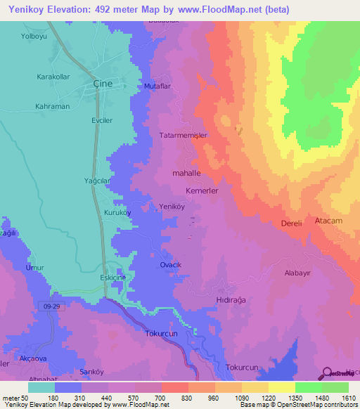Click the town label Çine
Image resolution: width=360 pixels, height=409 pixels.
[x=103, y=82]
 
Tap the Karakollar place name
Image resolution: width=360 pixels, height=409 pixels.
[x=53, y=76]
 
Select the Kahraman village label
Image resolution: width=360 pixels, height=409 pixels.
[x=53, y=106]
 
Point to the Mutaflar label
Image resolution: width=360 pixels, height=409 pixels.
[x=157, y=85]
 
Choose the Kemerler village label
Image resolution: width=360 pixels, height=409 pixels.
[x=202, y=190]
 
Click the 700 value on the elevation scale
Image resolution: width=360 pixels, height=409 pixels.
[x=161, y=398]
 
